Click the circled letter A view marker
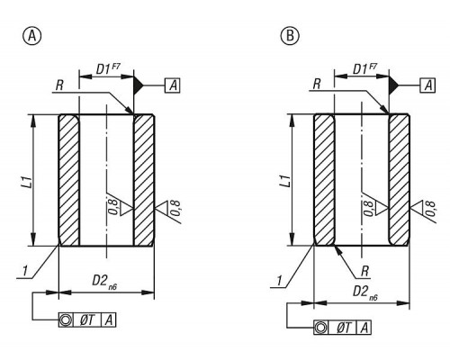click(31, 36)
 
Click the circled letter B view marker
click(290, 36)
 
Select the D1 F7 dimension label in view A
click(108, 68)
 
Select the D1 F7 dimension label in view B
click(364, 68)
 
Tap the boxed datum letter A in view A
click(173, 85)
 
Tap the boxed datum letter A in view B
click(428, 85)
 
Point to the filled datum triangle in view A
click(139, 85)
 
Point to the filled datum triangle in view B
click(393, 85)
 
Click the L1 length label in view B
click(285, 181)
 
